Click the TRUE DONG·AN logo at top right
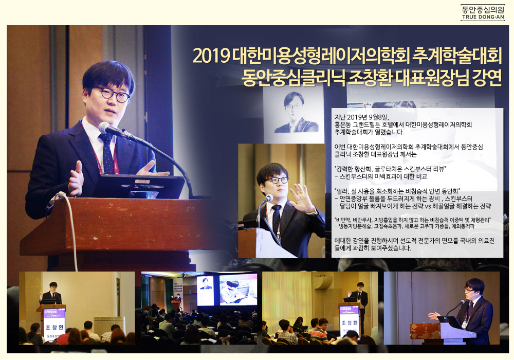click(x=483, y=12)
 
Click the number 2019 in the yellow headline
click(x=211, y=57)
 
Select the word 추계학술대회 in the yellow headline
click(x=457, y=56)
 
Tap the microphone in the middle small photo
click(x=268, y=199)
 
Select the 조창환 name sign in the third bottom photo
click(x=349, y=323)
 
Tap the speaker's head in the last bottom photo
click(x=474, y=287)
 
